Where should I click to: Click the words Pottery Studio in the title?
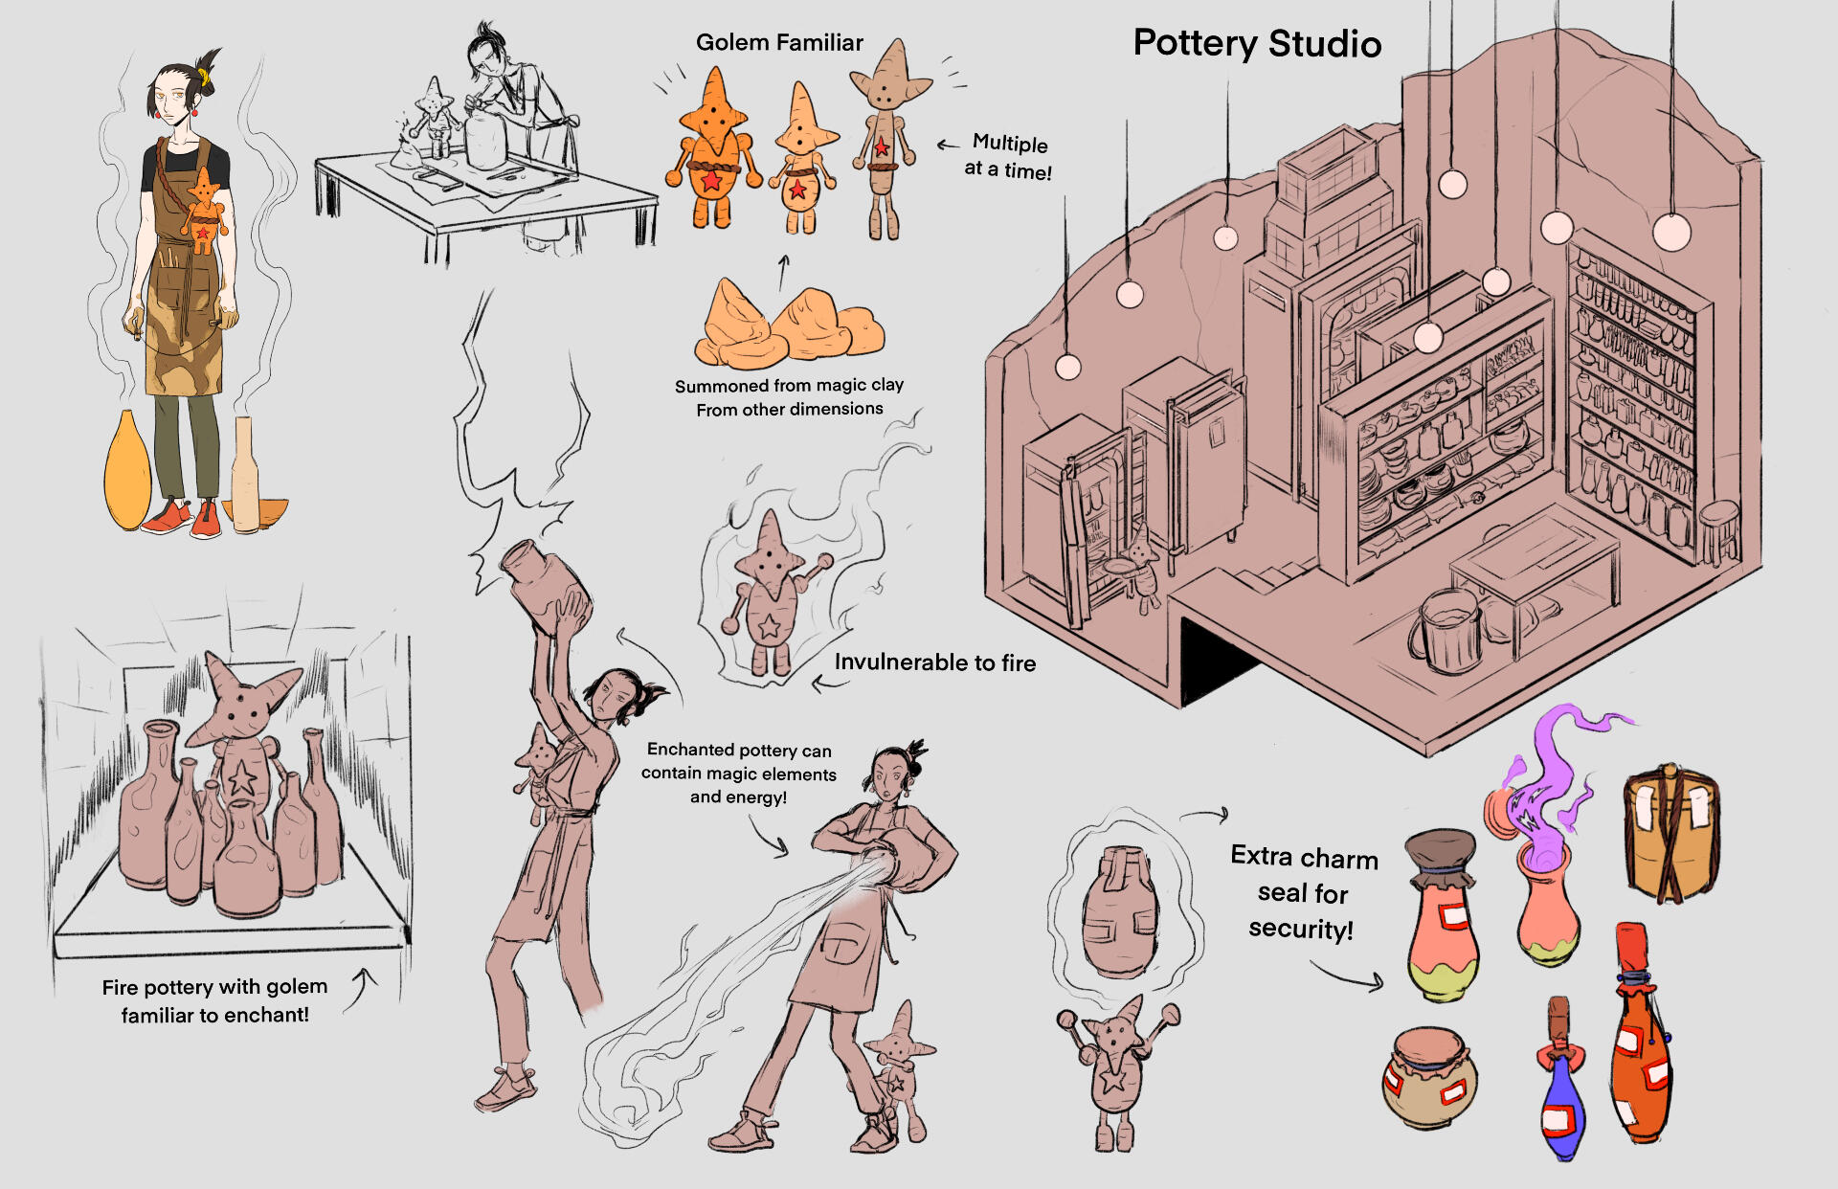(x=1257, y=44)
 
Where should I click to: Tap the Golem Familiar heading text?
(x=779, y=42)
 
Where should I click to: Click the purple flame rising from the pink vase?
(x=1546, y=785)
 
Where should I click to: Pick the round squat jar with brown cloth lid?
(x=1429, y=1078)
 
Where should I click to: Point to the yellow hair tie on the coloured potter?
(x=204, y=78)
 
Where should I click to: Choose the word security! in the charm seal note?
(x=1301, y=929)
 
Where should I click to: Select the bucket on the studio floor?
(x=1446, y=630)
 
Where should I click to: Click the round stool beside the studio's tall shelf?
(x=1719, y=530)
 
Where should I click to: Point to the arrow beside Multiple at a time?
(x=948, y=145)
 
